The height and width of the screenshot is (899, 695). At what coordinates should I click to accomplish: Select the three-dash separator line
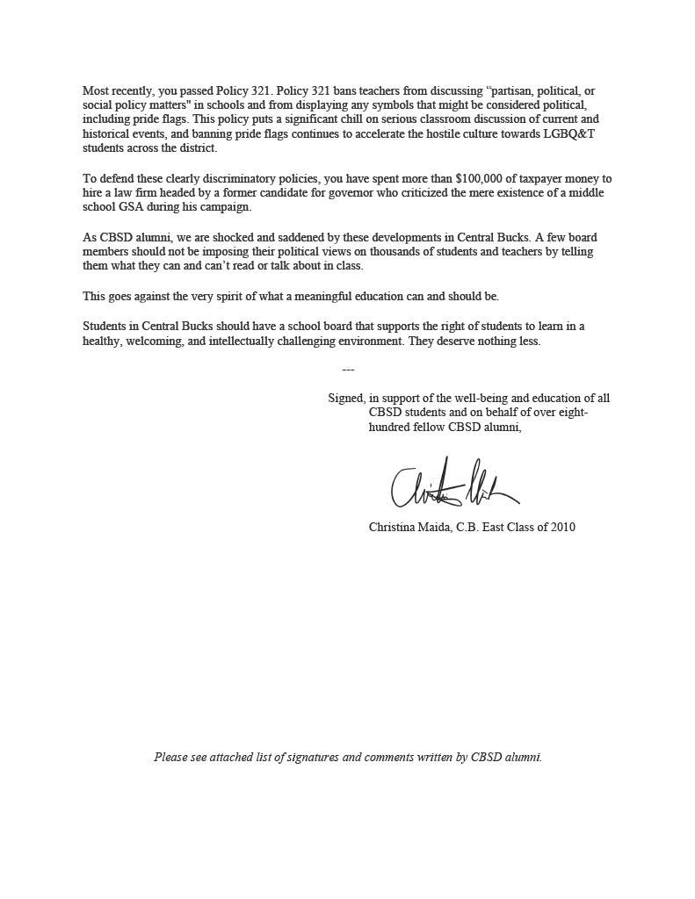(348, 370)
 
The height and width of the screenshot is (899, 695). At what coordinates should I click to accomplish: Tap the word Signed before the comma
(345, 398)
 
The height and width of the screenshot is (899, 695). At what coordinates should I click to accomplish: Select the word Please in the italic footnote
(170, 756)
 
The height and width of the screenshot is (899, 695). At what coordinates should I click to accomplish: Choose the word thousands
(347, 251)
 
